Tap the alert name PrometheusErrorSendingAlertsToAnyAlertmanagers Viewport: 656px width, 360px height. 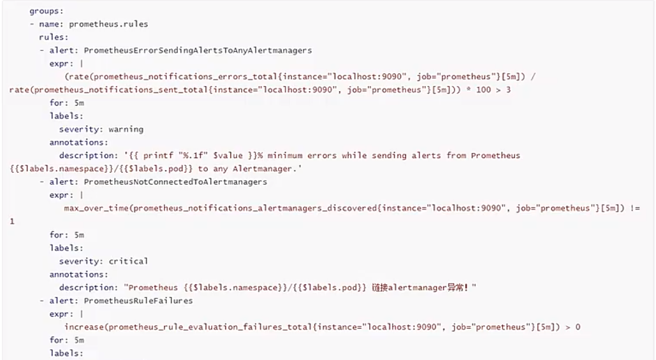pos(198,50)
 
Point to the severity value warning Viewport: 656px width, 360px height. pos(126,129)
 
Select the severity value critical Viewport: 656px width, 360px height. pos(128,261)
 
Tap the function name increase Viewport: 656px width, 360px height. pos(84,327)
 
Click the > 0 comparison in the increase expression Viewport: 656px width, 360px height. pos(572,327)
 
